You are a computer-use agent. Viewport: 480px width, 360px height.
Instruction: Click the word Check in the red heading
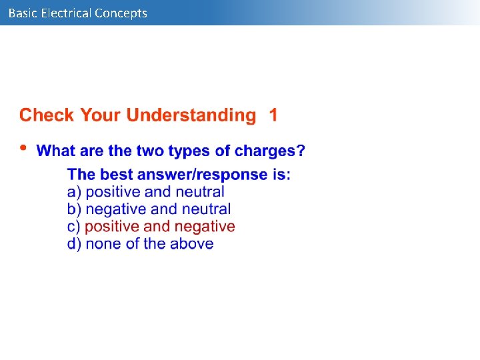(x=47, y=115)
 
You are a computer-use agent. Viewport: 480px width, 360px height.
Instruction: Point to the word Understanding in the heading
(x=191, y=115)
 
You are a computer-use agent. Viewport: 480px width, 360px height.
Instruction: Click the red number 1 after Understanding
(x=273, y=115)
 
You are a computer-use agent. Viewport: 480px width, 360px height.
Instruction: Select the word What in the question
(x=55, y=151)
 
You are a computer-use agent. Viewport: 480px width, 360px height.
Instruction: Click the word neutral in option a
(x=200, y=192)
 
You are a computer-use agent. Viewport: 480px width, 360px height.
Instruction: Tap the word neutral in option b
(x=206, y=209)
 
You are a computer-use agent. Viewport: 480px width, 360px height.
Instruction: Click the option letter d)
(x=74, y=244)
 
